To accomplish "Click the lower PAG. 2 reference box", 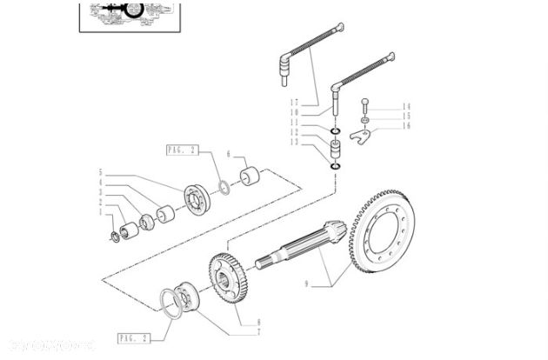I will pyautogui.click(x=132, y=337).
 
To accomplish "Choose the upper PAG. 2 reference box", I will pyautogui.click(x=183, y=150).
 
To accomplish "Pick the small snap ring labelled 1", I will pyautogui.click(x=116, y=236).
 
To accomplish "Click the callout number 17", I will pyautogui.click(x=295, y=103).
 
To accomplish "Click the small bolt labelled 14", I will pyautogui.click(x=365, y=106).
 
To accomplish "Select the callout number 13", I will pyautogui.click(x=295, y=142).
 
